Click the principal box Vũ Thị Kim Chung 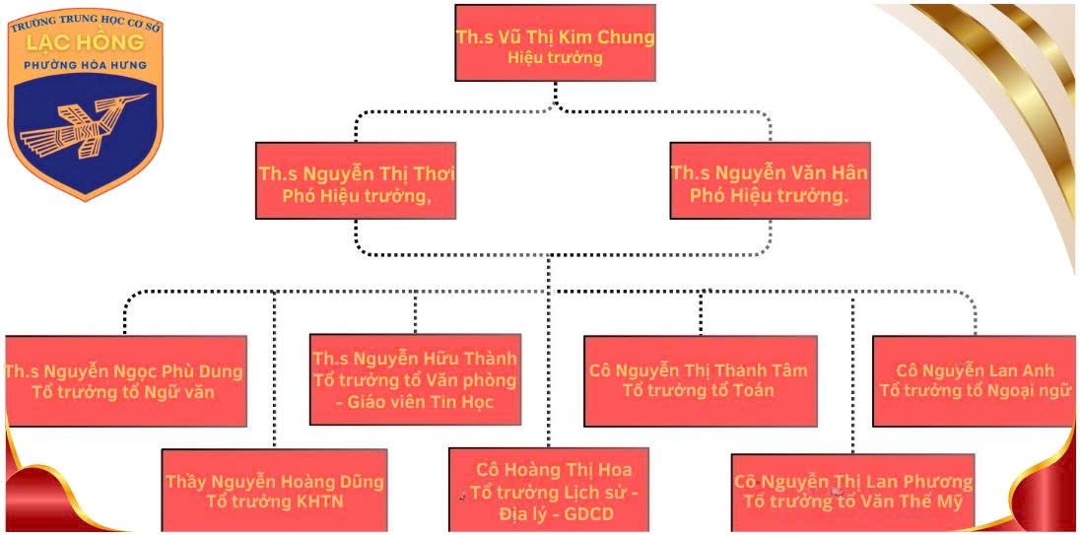coord(555,42)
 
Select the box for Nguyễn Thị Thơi coord(356,182)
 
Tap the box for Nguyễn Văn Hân coord(770,182)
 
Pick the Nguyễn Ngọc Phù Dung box coord(124,381)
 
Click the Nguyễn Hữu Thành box coord(415,378)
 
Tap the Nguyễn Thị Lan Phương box coord(853,491)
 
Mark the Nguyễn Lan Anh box coord(974,380)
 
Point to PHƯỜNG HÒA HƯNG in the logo coord(87,65)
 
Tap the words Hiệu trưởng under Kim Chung coord(555,58)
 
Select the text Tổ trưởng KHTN coord(275,502)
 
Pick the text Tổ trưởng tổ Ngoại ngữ coord(974,390)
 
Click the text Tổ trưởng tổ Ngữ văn coord(124,392)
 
